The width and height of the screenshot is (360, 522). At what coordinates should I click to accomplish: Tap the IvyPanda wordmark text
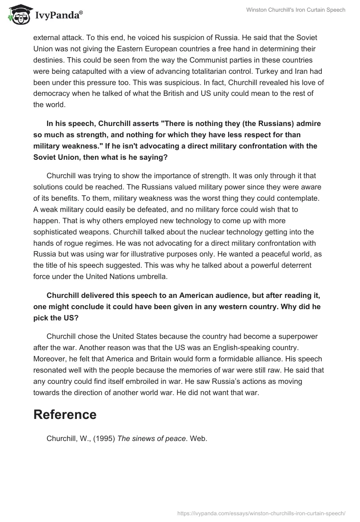(58, 17)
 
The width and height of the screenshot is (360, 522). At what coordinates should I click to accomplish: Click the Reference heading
(65, 414)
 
